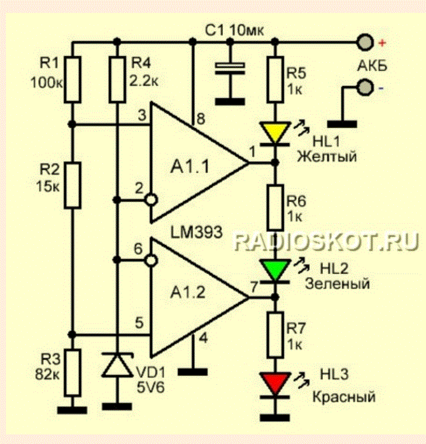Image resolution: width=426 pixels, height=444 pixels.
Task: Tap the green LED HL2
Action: coord(274,269)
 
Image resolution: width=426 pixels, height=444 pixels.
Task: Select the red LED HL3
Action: coord(274,384)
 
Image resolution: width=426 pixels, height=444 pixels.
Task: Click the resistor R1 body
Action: coord(72,78)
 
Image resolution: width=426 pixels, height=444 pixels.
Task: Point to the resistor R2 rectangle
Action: coord(72,185)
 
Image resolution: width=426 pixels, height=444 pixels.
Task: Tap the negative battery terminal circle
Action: coord(365,88)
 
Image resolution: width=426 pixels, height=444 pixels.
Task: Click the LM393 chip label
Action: coord(197,231)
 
